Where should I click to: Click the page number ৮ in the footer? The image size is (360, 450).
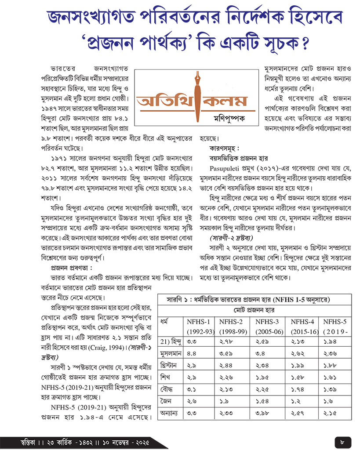(x=342, y=440)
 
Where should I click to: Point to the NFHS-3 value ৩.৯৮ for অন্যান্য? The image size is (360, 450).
(x=263, y=413)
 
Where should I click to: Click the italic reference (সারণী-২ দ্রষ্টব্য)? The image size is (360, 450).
(x=230, y=238)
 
